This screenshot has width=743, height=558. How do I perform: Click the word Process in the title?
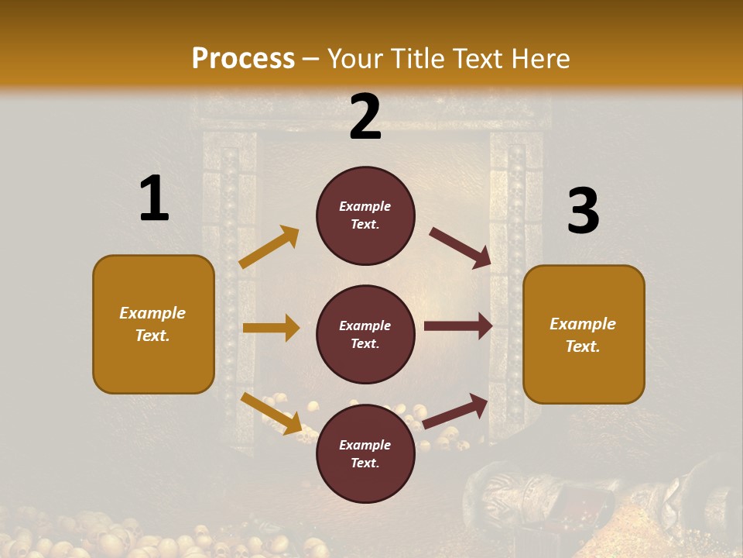coord(243,58)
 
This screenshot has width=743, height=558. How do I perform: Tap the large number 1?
coord(154,198)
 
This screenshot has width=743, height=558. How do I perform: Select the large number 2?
coord(365,117)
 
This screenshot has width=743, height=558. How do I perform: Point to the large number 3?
coord(583,211)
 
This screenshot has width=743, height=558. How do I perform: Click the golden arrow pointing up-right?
coord(269,247)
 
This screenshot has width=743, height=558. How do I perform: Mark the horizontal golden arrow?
coord(271,328)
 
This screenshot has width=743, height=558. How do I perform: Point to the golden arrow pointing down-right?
coord(271,413)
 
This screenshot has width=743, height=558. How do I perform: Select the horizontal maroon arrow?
coord(458,326)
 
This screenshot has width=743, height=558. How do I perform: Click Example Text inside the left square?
coord(152,324)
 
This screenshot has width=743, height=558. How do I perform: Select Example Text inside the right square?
coord(583,335)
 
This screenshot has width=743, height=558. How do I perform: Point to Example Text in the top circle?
coord(365,215)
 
